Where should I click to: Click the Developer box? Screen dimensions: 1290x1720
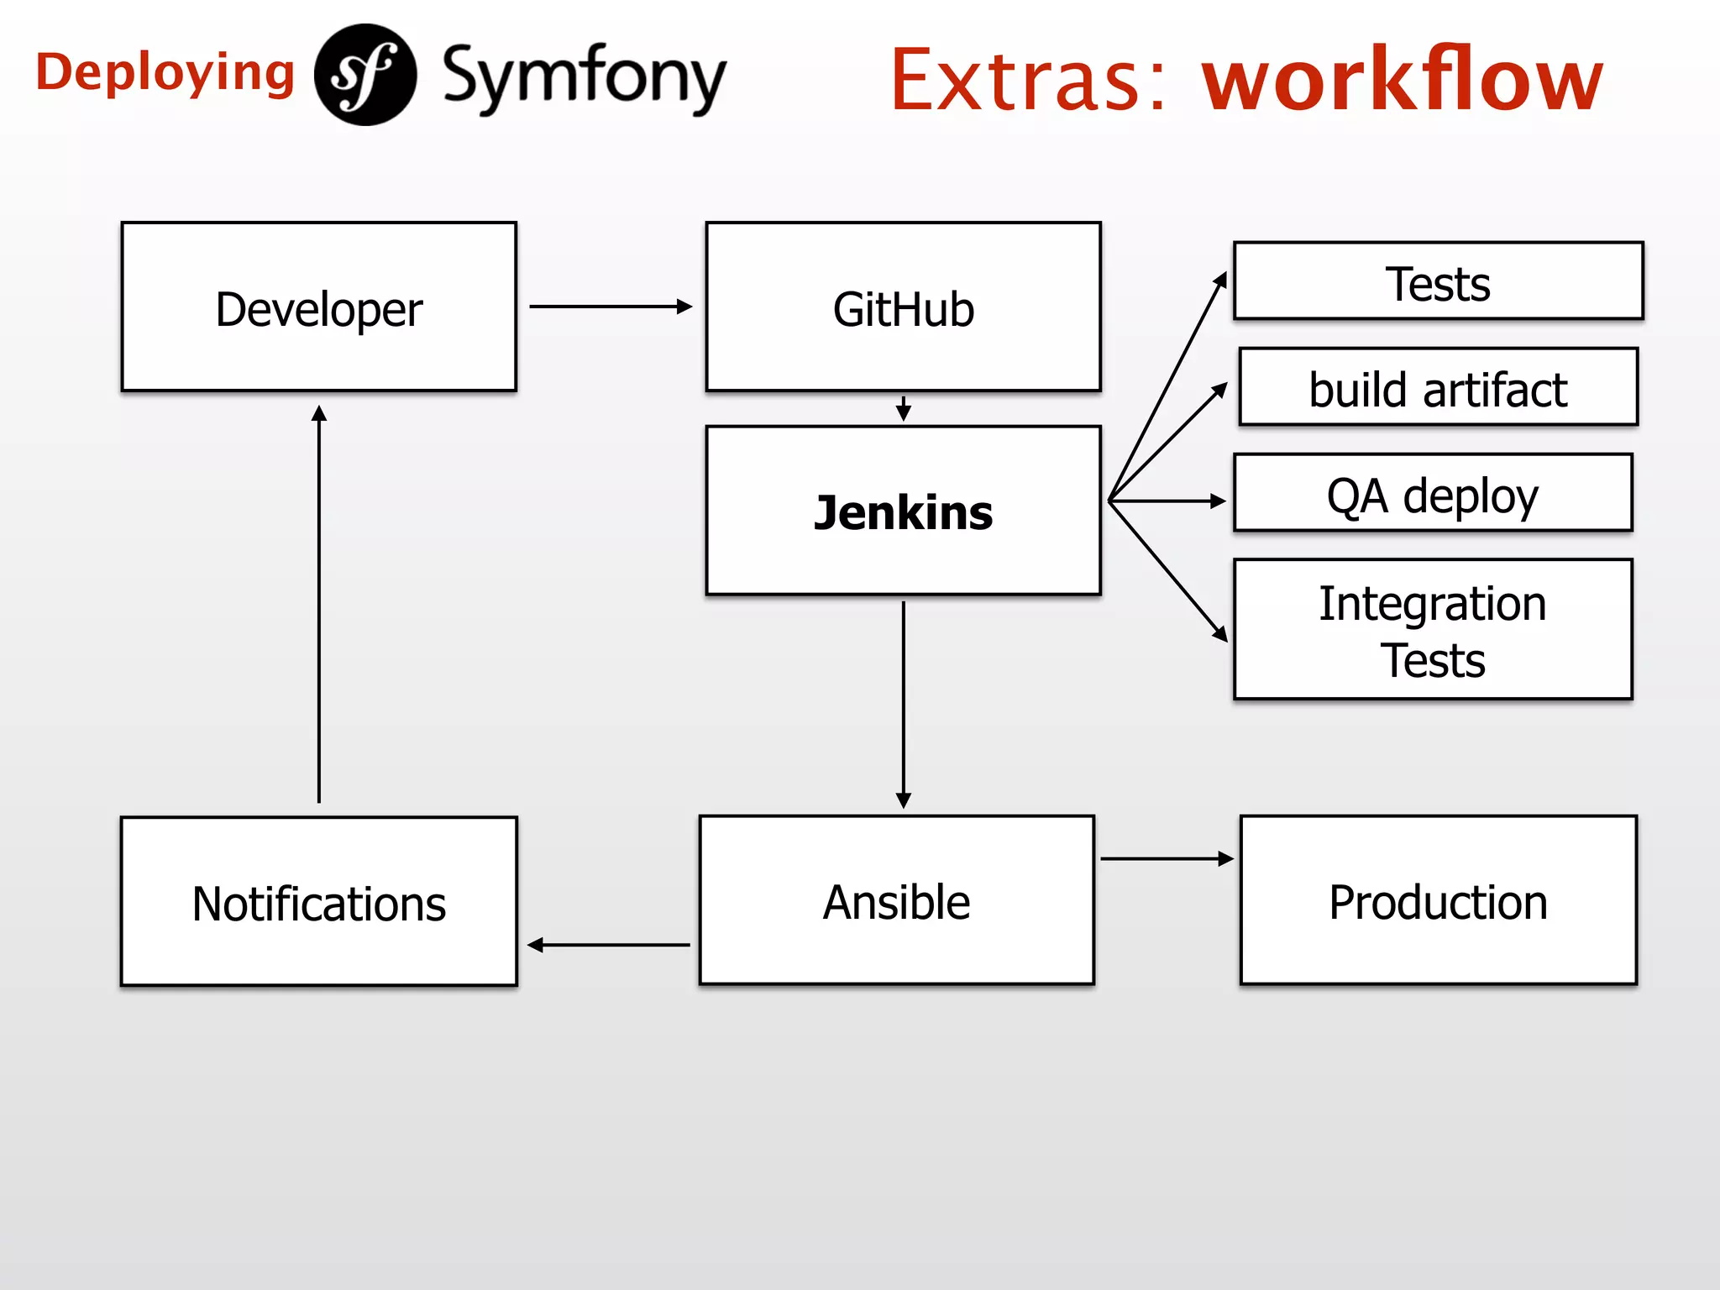coord(318,307)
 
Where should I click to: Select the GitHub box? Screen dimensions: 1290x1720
coord(903,307)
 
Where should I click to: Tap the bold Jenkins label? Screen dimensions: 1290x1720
coord(903,512)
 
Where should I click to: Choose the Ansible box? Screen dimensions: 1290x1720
coord(896,900)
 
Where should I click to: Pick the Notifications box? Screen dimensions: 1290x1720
coord(318,902)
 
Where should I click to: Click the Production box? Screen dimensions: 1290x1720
coord(1438,900)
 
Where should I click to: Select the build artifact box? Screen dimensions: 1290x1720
coord(1438,388)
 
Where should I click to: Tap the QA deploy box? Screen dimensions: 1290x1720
coord(1433,494)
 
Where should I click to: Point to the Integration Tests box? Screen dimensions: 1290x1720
coord(1433,630)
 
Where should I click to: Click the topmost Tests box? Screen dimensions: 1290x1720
coord(1438,282)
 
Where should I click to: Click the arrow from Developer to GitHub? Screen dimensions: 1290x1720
coord(610,307)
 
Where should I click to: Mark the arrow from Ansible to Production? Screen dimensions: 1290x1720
coord(1166,858)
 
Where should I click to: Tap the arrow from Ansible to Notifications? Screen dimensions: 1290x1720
coord(610,945)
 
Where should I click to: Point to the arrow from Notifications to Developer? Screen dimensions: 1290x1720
coord(319,605)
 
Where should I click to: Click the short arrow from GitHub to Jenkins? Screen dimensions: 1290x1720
coord(904,409)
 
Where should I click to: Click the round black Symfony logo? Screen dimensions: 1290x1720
coord(365,75)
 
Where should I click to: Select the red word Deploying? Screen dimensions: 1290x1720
coord(165,73)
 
